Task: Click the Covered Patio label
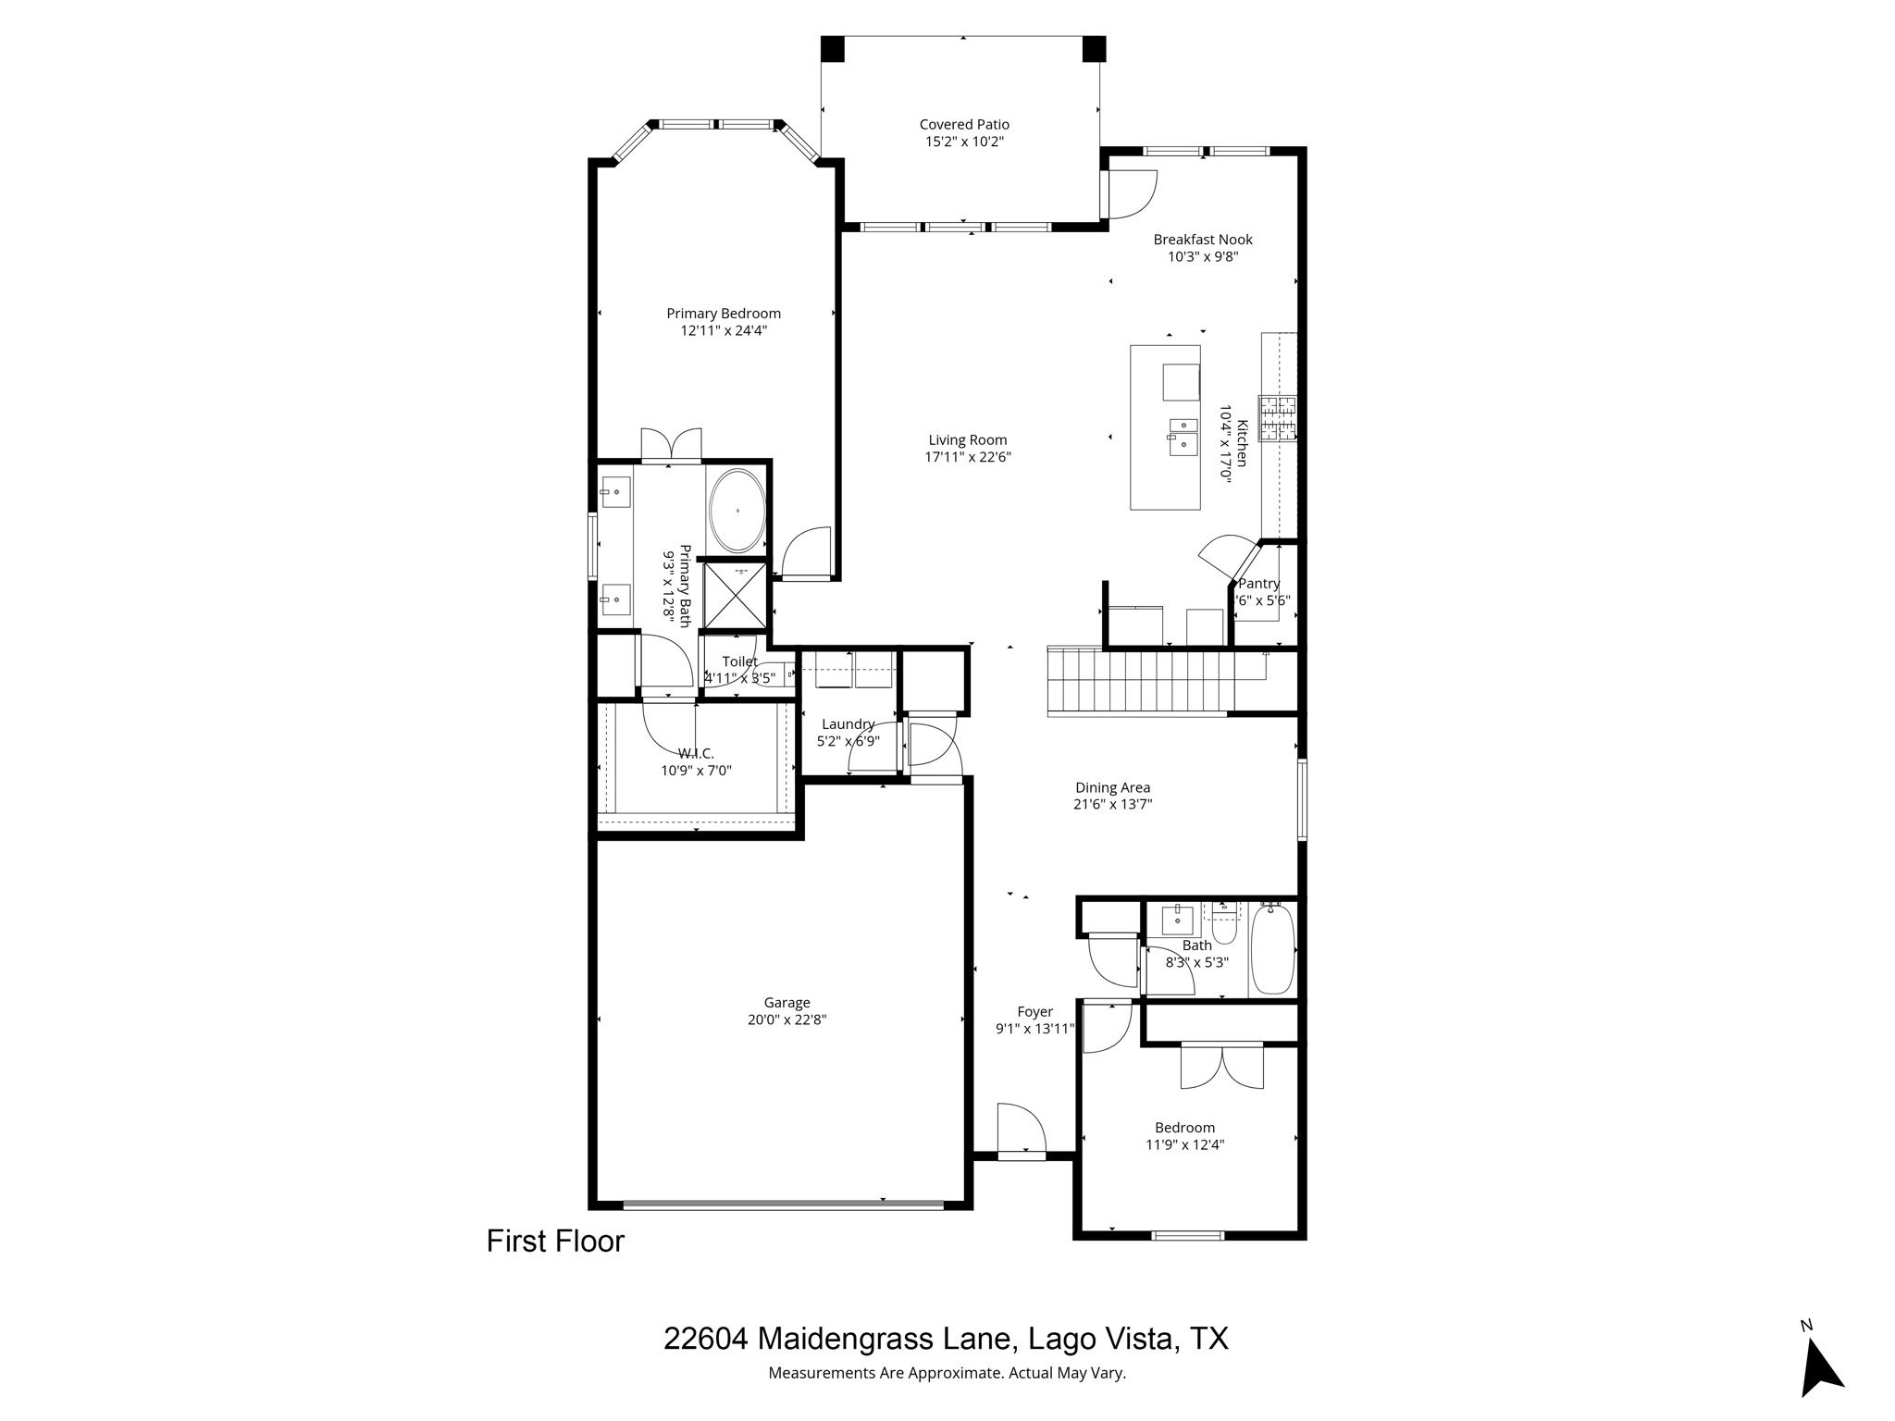[963, 125]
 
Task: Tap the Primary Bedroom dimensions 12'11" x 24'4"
[724, 330]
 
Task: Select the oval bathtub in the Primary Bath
[737, 511]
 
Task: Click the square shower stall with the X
[735, 595]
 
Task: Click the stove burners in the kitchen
[1277, 418]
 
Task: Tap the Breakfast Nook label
[1202, 240]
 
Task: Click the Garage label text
[786, 1003]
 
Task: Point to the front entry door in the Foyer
[1021, 1130]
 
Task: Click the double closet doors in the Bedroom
[1221, 1066]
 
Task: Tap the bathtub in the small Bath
[1272, 950]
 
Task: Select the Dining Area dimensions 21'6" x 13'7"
[1112, 805]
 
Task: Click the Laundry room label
[848, 724]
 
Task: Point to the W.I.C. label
[696, 753]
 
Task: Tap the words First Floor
[555, 1242]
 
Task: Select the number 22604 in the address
[705, 1339]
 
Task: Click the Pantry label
[1258, 584]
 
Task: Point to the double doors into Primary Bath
[671, 446]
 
